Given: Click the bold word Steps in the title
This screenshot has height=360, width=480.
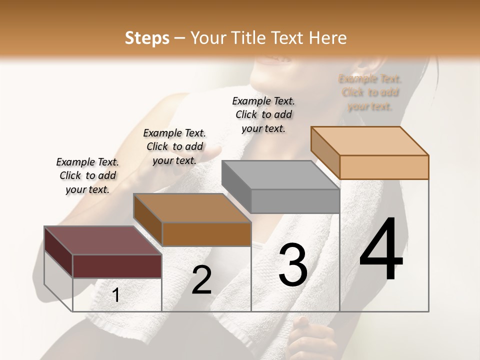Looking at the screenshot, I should [x=147, y=38].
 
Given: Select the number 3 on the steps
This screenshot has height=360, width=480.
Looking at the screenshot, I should [x=292, y=264].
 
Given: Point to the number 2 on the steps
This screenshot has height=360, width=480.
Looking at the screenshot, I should [x=201, y=280].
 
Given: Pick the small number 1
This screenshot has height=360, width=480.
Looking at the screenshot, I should [x=116, y=295].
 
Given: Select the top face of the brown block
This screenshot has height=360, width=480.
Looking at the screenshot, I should [x=192, y=208].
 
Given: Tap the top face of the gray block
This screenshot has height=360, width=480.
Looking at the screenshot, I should [x=280, y=175].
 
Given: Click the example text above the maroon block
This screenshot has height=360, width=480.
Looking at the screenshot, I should [x=87, y=175].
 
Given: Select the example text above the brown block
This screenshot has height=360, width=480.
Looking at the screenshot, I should [x=174, y=146].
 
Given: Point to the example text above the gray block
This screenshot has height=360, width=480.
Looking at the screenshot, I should [x=263, y=114].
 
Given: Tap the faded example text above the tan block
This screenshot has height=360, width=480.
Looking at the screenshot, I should [x=370, y=92].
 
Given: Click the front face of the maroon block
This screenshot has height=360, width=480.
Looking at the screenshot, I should [x=117, y=266].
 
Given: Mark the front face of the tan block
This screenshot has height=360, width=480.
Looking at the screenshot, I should [x=384, y=167].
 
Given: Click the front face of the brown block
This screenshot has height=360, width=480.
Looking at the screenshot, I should [x=206, y=234].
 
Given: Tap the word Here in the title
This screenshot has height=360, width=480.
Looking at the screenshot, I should [x=329, y=38].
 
